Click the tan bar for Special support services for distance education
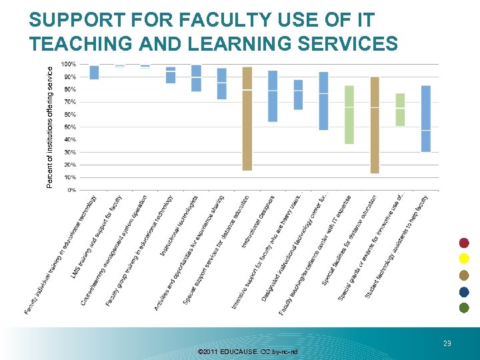(247, 119)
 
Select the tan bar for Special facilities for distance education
(375, 125)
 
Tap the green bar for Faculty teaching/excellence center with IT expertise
(349, 115)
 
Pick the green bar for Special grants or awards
(400, 109)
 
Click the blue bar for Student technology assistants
(425, 119)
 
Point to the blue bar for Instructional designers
(272, 96)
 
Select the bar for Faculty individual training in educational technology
(94, 72)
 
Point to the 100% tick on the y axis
(68, 64)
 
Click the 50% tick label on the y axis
(69, 127)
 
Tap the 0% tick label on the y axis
(71, 190)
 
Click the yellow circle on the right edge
(464, 259)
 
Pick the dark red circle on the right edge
(464, 243)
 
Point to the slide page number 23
(447, 343)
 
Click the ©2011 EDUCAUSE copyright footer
(248, 351)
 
